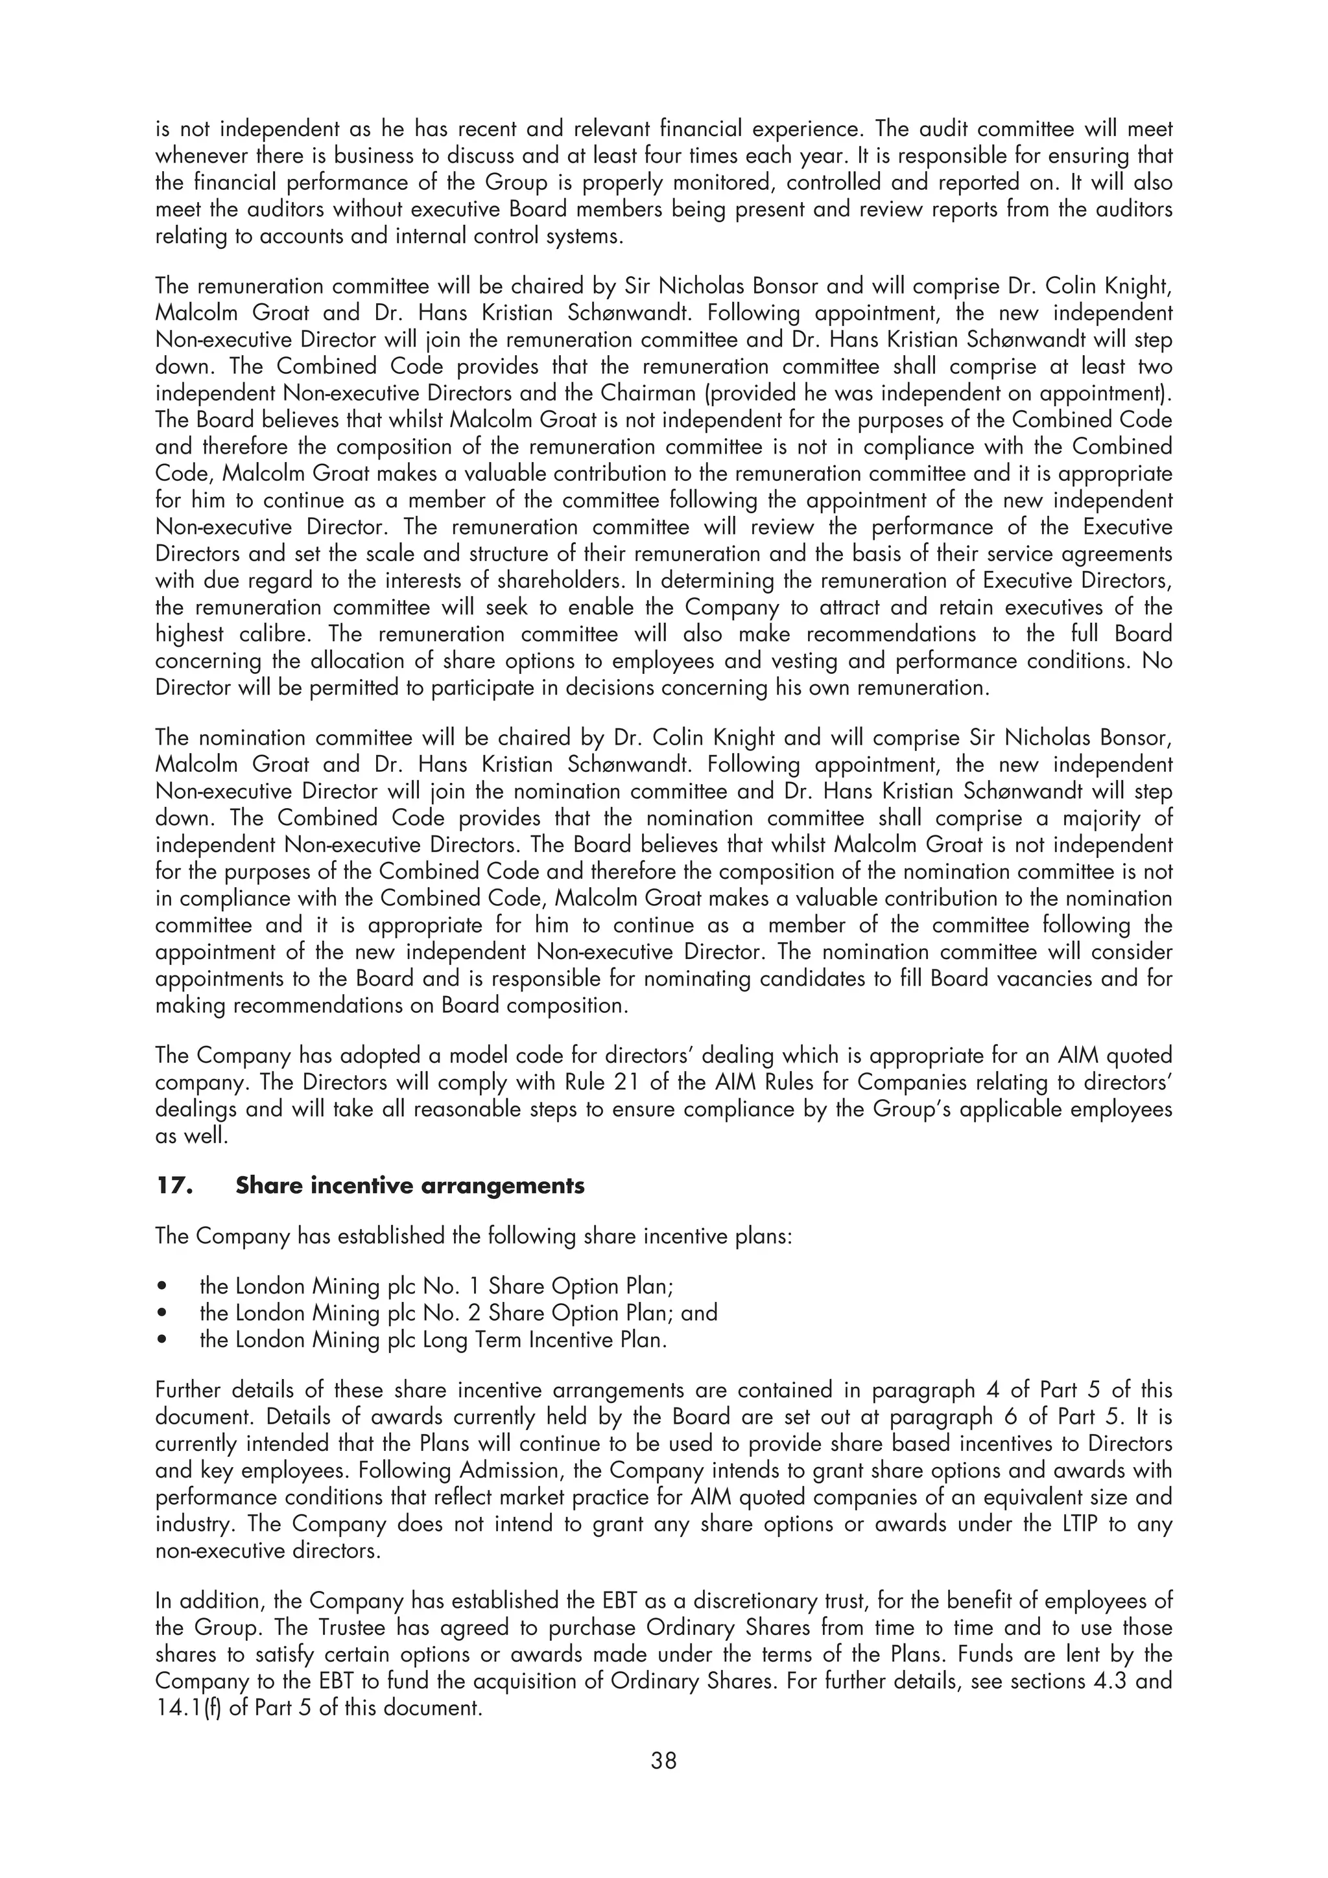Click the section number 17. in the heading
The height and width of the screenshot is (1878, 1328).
174,1186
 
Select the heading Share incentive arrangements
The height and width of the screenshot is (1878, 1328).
410,1186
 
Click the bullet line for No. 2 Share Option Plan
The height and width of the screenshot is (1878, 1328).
458,1313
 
